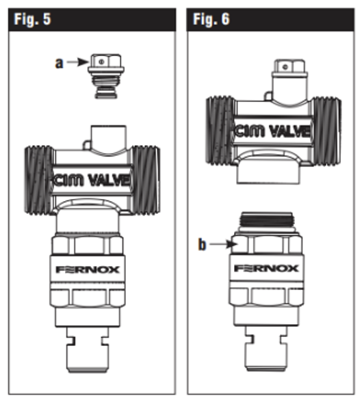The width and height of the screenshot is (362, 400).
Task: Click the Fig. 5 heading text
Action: click(32, 19)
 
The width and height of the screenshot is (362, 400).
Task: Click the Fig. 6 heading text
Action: click(211, 19)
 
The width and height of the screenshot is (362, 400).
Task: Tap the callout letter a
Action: click(60, 63)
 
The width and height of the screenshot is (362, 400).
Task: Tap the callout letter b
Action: click(202, 244)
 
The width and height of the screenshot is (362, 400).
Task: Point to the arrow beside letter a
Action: click(77, 62)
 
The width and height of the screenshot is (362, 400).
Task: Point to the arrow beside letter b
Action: click(224, 244)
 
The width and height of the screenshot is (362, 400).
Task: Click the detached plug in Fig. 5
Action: click(106, 76)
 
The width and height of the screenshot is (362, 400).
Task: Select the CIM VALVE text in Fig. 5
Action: click(92, 181)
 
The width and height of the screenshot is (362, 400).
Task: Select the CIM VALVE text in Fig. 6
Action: click(272, 131)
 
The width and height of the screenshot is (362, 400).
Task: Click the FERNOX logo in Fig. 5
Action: click(88, 269)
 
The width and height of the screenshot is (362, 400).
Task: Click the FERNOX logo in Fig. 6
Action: click(266, 268)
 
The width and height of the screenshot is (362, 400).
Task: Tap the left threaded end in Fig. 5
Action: click(39, 180)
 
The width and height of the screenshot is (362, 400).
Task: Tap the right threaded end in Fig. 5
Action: click(146, 180)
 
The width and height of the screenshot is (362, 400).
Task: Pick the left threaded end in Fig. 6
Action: click(220, 131)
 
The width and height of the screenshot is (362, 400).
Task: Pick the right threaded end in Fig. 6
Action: click(327, 131)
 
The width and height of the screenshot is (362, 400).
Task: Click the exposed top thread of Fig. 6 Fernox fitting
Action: click(267, 219)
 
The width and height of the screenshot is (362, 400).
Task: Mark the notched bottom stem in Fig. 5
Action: click(88, 350)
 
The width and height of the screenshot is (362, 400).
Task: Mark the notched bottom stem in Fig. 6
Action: click(266, 349)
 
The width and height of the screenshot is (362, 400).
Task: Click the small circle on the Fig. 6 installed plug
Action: click(285, 67)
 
